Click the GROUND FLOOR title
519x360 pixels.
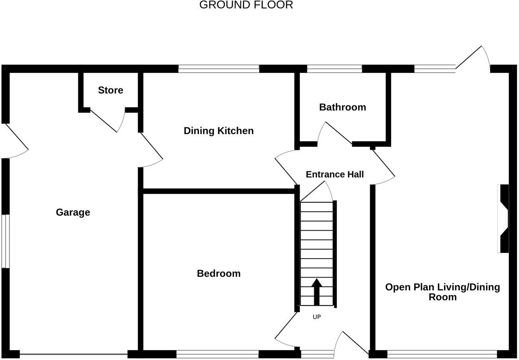click(x=246, y=5)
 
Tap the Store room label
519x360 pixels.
click(x=111, y=90)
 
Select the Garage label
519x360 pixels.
click(x=73, y=212)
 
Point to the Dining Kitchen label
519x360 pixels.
click(x=219, y=131)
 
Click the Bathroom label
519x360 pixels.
click(x=343, y=107)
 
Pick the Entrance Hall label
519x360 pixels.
click(x=335, y=174)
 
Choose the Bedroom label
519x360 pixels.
click(x=219, y=274)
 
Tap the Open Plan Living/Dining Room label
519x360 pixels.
click(x=443, y=292)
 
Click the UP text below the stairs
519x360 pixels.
click(x=317, y=317)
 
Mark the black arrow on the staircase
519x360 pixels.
click(x=316, y=292)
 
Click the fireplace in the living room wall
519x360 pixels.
click(x=503, y=219)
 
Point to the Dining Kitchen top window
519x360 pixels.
click(x=219, y=69)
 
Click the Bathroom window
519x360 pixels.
click(x=334, y=69)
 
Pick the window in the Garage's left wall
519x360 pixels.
click(x=6, y=241)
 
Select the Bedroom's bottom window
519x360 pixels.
click(x=217, y=354)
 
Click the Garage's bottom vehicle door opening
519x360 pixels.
click(x=74, y=354)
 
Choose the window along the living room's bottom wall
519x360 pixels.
click(x=442, y=354)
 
